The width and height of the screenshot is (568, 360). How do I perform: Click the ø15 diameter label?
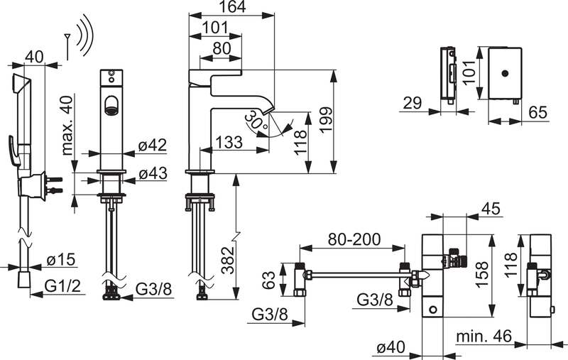coord(60,261)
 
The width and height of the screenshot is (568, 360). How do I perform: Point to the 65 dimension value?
coord(538,113)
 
